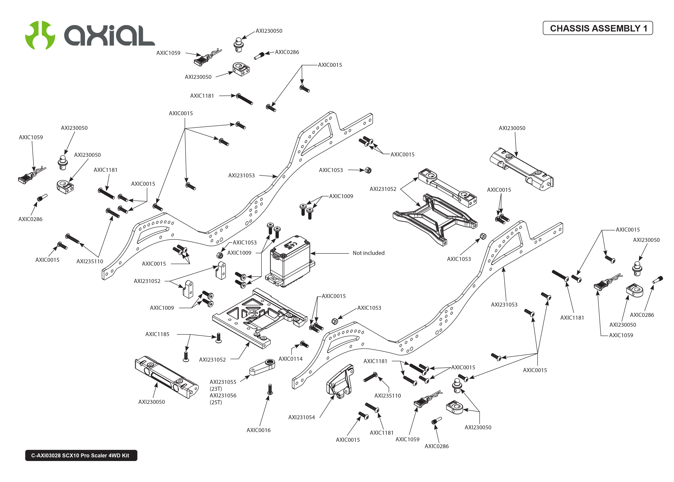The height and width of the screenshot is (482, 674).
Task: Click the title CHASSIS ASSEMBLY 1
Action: click(598, 28)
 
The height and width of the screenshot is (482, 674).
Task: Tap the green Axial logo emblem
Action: click(40, 35)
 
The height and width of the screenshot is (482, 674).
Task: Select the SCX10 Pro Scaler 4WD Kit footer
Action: click(81, 455)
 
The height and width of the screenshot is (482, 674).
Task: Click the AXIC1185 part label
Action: click(157, 334)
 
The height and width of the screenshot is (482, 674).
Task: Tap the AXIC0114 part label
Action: click(291, 359)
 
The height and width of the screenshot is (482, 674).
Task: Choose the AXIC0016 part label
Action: click(258, 430)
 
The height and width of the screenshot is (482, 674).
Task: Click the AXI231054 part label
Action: click(301, 417)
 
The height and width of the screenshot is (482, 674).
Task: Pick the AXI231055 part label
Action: click(223, 382)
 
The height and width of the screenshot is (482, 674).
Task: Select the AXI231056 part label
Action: click(223, 395)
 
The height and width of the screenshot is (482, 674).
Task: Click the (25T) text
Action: click(216, 402)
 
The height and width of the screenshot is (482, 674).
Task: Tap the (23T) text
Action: click(216, 389)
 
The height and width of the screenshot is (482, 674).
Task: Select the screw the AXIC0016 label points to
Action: click(270, 389)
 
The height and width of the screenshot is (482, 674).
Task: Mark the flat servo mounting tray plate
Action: click(255, 317)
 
